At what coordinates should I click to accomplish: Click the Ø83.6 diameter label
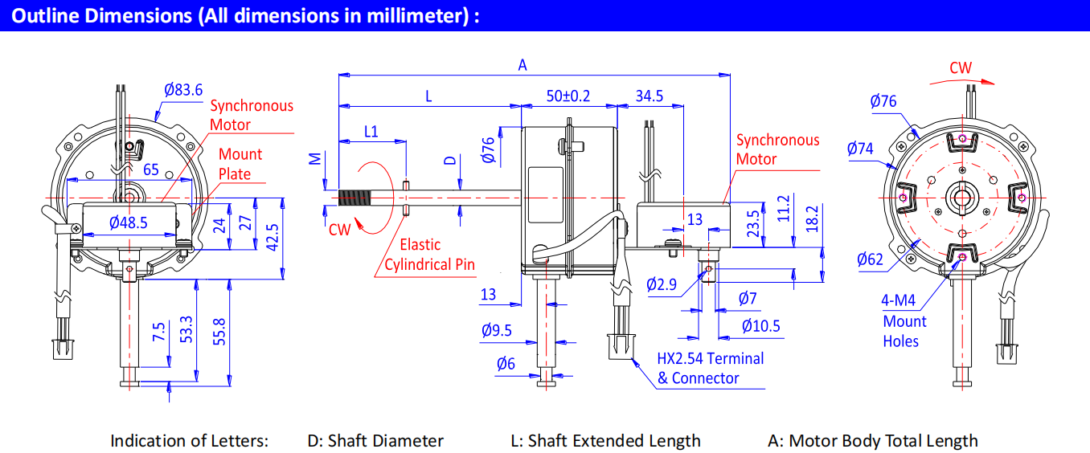click(x=182, y=90)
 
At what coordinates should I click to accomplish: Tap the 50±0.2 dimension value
click(x=568, y=96)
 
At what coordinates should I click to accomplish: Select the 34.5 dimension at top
click(x=649, y=96)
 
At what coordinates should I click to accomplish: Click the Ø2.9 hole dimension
click(x=662, y=285)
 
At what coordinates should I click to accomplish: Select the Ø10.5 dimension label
click(x=760, y=326)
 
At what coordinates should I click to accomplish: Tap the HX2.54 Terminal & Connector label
click(x=710, y=369)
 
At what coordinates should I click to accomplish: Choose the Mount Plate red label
click(x=240, y=164)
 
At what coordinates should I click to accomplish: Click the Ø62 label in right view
click(x=870, y=259)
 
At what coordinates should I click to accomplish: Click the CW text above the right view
click(x=961, y=68)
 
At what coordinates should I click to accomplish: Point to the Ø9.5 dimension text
click(x=497, y=330)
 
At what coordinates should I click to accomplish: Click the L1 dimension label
click(x=371, y=131)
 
